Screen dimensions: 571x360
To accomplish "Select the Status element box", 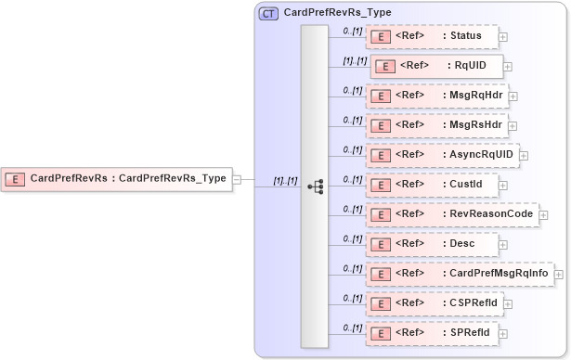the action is [432, 37].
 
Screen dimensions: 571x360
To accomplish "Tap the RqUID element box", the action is [436, 67].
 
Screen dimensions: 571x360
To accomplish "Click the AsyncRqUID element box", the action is [442, 155].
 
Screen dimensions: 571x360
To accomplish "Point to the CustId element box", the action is [432, 185].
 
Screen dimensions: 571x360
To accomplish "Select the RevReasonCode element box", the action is [451, 214].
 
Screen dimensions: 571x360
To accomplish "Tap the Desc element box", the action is [432, 244].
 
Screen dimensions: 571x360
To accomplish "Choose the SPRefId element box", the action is [432, 332].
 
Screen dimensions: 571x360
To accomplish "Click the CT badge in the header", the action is [268, 13].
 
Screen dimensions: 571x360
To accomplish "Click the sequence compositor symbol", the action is [315, 186].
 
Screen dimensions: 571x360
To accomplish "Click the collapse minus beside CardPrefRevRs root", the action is [237, 178].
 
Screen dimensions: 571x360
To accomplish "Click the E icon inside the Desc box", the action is [380, 244].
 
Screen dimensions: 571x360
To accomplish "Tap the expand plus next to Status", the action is [503, 38].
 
